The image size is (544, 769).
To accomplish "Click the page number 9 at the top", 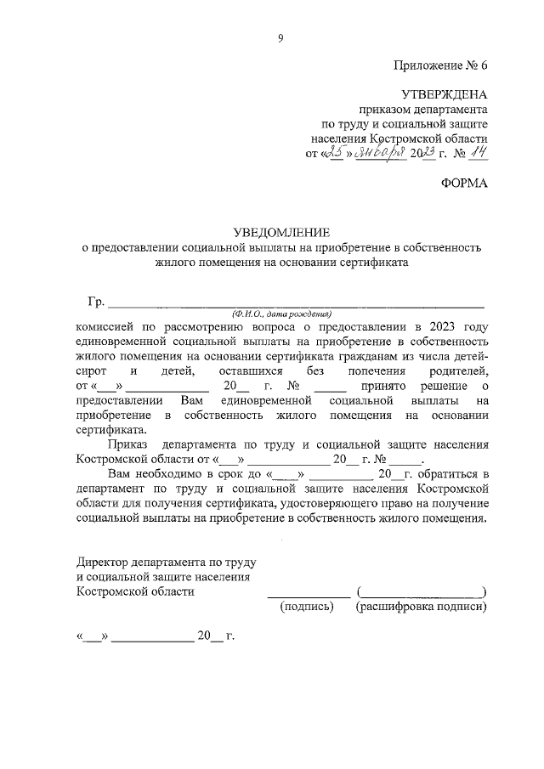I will click(x=280, y=37).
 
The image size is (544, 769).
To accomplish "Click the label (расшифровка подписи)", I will click(x=422, y=608).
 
